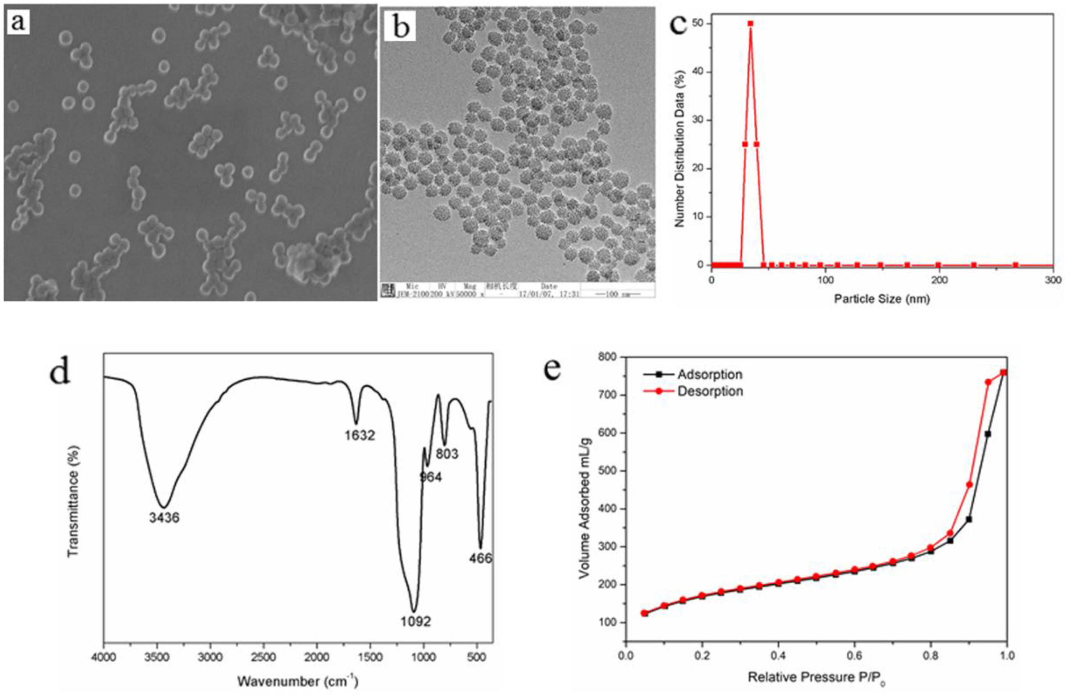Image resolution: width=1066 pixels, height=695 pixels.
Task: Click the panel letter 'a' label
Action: coord(17,21)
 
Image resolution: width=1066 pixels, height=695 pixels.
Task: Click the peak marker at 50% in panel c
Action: coord(750,24)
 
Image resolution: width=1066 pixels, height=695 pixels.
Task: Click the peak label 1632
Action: coord(360,435)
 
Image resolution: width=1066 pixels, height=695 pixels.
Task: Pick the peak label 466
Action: coord(480,558)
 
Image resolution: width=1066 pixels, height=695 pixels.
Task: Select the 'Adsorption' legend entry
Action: coord(709,374)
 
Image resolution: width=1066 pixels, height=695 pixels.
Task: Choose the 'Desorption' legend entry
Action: coord(710,391)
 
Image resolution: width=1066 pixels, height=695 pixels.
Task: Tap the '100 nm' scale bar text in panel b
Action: coord(617,294)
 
